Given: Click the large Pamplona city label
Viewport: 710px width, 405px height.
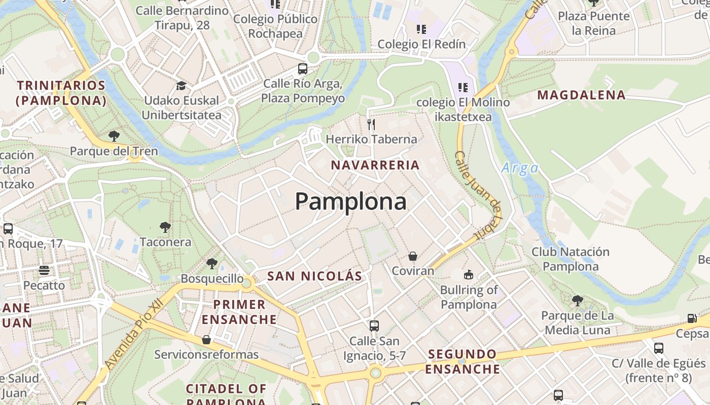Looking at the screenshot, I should pyautogui.click(x=350, y=201).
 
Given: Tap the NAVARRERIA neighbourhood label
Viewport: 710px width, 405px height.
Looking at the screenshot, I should pyautogui.click(x=375, y=165).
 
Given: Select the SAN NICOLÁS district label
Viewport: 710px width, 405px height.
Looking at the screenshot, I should pyautogui.click(x=314, y=276).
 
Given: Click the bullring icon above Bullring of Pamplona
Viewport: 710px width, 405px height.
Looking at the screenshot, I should pyautogui.click(x=468, y=275).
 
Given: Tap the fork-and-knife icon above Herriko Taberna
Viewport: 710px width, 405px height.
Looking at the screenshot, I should pyautogui.click(x=371, y=124).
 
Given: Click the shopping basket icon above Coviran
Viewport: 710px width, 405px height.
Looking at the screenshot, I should pyautogui.click(x=413, y=256).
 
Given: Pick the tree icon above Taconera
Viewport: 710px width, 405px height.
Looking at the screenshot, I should pyautogui.click(x=165, y=227).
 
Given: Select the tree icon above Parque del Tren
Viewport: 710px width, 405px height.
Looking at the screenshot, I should pyautogui.click(x=114, y=136).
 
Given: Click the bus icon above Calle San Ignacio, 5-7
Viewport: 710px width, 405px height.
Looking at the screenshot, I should pyautogui.click(x=374, y=326).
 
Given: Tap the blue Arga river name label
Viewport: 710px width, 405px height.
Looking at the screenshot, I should pyautogui.click(x=520, y=168).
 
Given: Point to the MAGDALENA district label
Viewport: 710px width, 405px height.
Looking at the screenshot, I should pyautogui.click(x=581, y=95).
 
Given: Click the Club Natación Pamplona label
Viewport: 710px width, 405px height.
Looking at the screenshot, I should pyautogui.click(x=571, y=259).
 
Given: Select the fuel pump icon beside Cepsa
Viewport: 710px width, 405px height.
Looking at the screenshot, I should pyautogui.click(x=692, y=318).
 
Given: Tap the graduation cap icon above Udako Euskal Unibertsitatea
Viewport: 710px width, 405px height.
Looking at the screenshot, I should pyautogui.click(x=181, y=86).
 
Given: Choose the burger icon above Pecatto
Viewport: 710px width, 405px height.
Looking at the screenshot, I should pyautogui.click(x=44, y=270).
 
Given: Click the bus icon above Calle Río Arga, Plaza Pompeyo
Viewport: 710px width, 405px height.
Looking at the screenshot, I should pyautogui.click(x=303, y=69).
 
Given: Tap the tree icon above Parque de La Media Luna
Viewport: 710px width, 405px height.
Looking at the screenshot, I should pyautogui.click(x=577, y=301).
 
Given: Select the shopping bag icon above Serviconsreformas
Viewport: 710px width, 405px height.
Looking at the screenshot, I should pyautogui.click(x=206, y=339).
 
